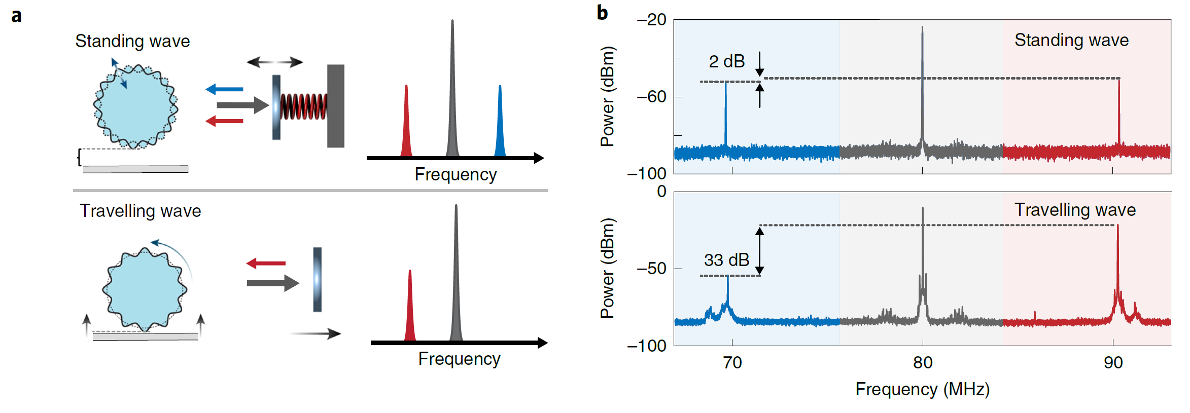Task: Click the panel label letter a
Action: (x=17, y=16)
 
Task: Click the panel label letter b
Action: (x=602, y=13)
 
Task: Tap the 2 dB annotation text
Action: (x=726, y=61)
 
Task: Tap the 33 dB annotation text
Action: (x=726, y=260)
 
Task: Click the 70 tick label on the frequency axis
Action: (x=732, y=362)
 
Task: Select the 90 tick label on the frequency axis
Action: (x=1113, y=362)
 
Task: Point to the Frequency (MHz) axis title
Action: (x=922, y=389)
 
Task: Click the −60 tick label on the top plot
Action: (x=651, y=96)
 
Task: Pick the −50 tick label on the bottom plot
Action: (x=651, y=268)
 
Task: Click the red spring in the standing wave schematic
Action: (x=303, y=106)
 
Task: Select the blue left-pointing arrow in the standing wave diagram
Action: (x=224, y=89)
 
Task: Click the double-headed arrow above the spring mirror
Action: (x=274, y=62)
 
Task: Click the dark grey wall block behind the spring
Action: (x=335, y=105)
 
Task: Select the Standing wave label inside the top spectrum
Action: (x=1071, y=40)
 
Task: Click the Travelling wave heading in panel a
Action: (x=140, y=211)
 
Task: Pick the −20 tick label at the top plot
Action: (x=651, y=20)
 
